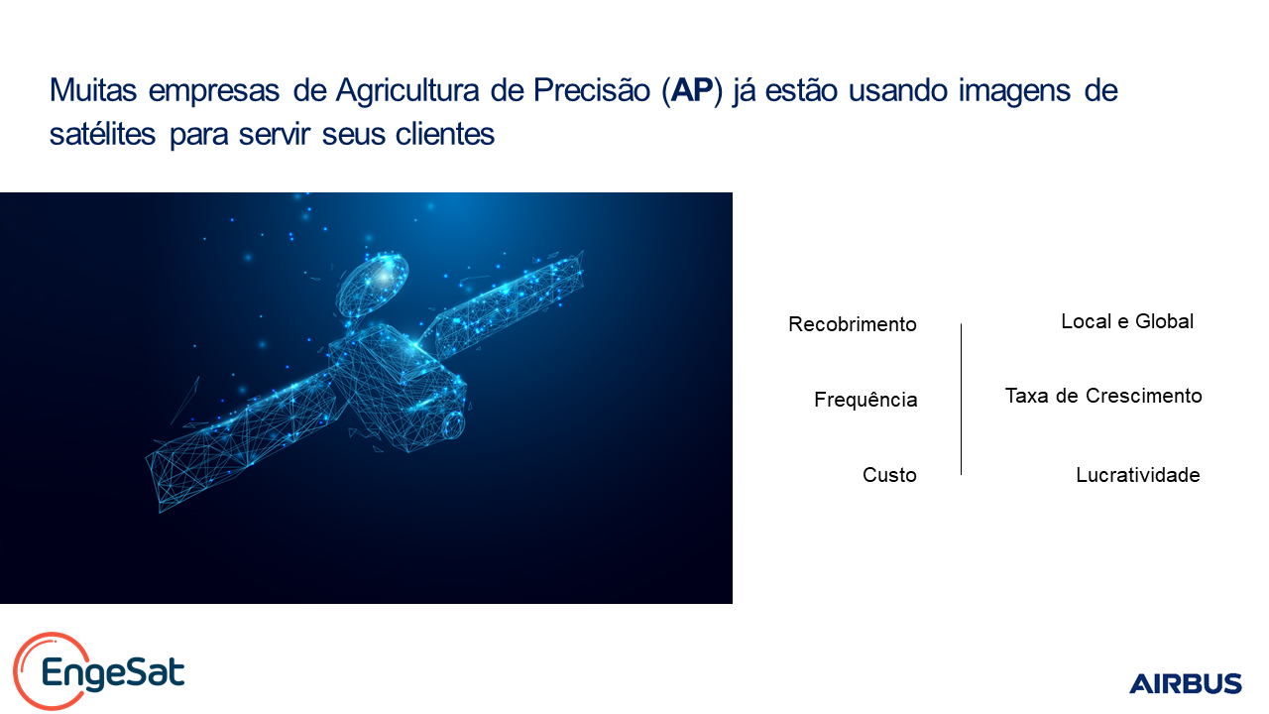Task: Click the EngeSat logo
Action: [x=99, y=671]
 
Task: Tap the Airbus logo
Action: [x=1185, y=683]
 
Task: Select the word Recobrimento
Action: [x=852, y=324]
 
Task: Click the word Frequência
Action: [x=865, y=400]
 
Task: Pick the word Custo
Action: [x=889, y=475]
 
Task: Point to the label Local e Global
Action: [x=1127, y=321]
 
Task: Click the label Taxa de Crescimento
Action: [x=1103, y=396]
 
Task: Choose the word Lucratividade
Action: [x=1137, y=475]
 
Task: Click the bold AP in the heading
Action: [x=691, y=89]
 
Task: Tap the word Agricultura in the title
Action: [x=407, y=90]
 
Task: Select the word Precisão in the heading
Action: [x=592, y=89]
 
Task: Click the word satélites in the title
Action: [x=102, y=134]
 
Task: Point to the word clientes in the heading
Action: [x=445, y=134]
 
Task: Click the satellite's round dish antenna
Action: [x=372, y=285]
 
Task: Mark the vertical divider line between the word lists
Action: [x=961, y=400]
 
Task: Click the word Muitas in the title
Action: [x=93, y=89]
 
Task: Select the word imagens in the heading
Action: [x=1014, y=90]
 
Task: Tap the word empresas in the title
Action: [x=214, y=90]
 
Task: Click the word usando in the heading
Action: [x=897, y=89]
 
